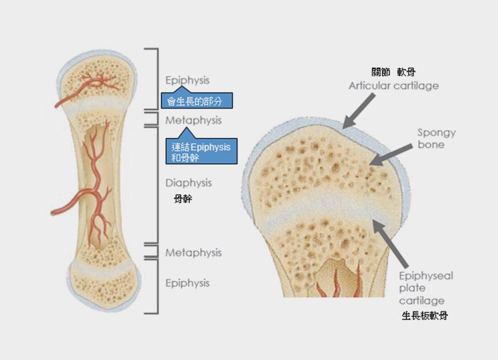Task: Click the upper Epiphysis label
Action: tap(188, 80)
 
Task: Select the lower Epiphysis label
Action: tap(188, 283)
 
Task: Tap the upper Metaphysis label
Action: tap(193, 120)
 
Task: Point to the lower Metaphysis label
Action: tap(193, 253)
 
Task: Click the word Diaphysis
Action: tap(188, 183)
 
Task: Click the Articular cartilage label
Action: tap(393, 86)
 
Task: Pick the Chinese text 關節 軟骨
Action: tap(393, 72)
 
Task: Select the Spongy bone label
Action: tap(436, 138)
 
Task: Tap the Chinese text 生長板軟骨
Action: tap(425, 316)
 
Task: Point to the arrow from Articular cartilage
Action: tap(360, 109)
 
